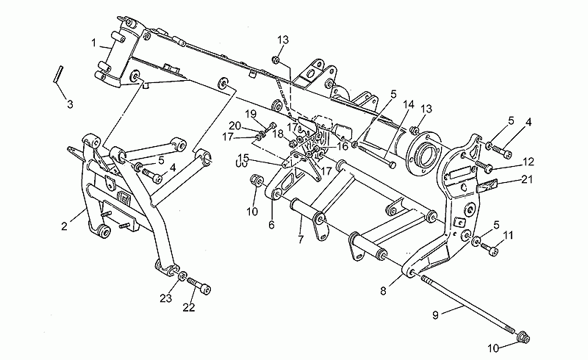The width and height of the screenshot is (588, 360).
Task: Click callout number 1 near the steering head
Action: pos(94,43)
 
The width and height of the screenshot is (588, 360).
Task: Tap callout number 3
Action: pos(70,104)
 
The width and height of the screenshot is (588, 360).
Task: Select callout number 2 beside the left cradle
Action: pos(65,226)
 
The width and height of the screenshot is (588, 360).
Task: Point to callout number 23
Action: pos(166,298)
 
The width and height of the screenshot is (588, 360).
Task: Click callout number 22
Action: pos(189,308)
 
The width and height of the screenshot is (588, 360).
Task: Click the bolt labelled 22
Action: pos(198,286)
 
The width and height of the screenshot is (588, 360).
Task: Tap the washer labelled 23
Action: pos(182,276)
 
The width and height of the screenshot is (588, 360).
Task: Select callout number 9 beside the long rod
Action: pos(435,315)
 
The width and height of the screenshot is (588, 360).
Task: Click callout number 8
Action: pos(383,291)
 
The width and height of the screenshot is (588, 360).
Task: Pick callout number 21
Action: pos(527,179)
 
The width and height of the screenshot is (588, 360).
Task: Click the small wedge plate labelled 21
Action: pos(487,185)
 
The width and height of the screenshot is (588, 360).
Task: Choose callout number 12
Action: pos(528,162)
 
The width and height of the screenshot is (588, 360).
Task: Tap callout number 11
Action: pos(508,235)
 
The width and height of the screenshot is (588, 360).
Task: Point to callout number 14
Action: pos(409,104)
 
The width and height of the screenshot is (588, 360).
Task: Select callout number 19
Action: pos(251,113)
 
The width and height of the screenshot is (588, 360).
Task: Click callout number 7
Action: pos(301,240)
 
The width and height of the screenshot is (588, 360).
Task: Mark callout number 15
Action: pos(243,156)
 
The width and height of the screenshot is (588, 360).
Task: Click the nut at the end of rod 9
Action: pos(523,338)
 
